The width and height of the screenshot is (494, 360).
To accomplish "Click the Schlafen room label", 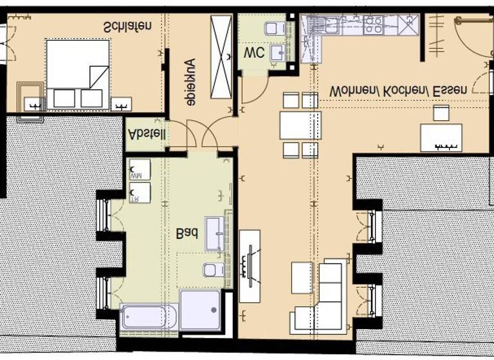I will tap(128, 27).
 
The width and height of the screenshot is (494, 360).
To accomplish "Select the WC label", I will tap(253, 53).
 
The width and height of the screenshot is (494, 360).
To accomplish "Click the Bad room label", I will tap(187, 235).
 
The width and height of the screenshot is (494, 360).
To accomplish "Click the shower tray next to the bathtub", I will tap(200, 311).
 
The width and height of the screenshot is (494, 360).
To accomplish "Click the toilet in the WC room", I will tap(275, 28).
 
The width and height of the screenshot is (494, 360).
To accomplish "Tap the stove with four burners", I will tap(374, 25).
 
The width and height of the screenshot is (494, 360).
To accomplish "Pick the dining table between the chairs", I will tap(300, 125).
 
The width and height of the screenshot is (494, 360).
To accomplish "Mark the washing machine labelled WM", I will tap(140, 170).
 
